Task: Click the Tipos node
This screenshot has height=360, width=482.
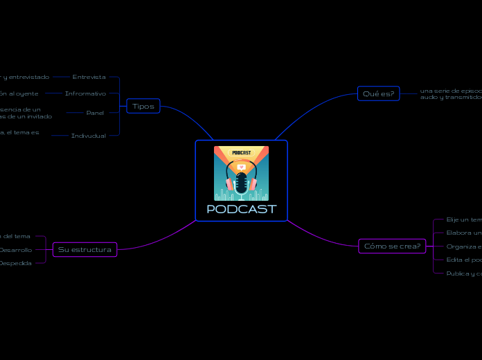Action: coord(143,106)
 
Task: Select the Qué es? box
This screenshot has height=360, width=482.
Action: coord(378,93)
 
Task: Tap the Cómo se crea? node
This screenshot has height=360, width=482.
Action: coord(392,246)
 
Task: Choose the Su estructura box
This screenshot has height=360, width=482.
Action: coord(84,249)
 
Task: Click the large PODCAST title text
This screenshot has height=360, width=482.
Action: coord(241,209)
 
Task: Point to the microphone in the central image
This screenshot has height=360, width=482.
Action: coord(241,181)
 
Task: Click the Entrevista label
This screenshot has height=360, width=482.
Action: coord(89,77)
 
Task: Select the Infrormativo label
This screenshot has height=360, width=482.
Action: coord(85,93)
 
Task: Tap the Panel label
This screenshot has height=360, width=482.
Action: coord(95,112)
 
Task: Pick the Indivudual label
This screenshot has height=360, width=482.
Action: coord(89,136)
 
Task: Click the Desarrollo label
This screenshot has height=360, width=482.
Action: coord(16,249)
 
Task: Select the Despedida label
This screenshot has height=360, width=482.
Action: coord(16,263)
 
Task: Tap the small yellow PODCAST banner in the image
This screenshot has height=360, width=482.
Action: coord(241,152)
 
